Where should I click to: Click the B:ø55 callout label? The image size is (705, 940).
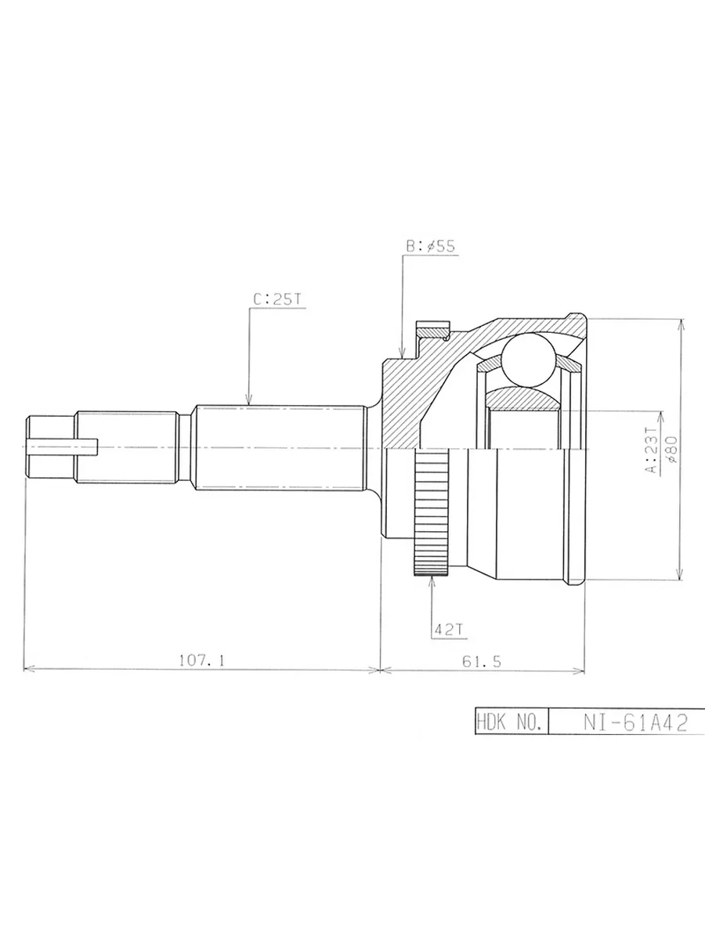click(430, 246)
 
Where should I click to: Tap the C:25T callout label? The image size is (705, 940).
click(277, 299)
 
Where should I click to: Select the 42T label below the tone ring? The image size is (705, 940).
click(448, 629)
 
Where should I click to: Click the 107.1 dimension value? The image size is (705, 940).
click(201, 660)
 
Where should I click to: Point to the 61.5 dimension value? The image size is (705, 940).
click(481, 662)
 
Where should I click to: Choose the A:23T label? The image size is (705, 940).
click(651, 449)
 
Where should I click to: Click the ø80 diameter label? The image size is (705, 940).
click(671, 449)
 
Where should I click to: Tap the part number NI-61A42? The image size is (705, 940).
click(635, 723)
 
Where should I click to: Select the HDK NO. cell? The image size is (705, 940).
click(512, 723)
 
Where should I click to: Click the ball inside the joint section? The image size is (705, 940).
click(528, 359)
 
